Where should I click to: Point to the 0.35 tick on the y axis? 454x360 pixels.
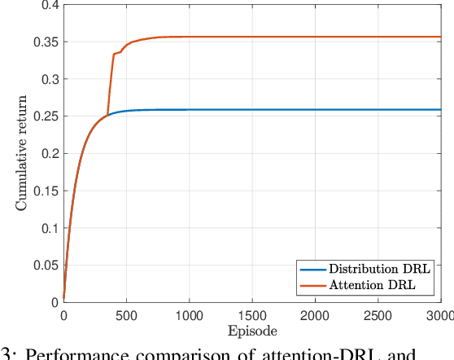pos(46,42)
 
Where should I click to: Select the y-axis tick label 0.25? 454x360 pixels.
pos(46,116)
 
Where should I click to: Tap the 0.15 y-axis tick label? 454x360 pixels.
pos(46,191)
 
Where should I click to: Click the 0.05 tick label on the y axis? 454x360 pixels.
pos(46,265)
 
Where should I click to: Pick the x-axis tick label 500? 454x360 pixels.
pos(126,314)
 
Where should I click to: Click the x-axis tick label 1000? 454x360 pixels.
pos(189,314)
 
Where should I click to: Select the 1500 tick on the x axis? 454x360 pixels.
pos(251,314)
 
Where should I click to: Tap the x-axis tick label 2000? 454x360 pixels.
pos(314,314)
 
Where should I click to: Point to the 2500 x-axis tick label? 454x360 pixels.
pos(377,314)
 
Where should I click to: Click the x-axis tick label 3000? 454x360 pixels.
pos(438,314)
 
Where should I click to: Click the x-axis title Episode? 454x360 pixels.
pos(251,331)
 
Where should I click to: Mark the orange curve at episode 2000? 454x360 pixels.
pos(314,37)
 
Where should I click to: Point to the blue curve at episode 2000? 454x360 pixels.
pos(314,110)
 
